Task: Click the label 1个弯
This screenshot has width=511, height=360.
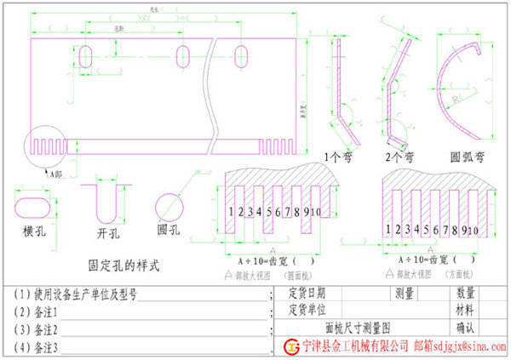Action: coord(344,157)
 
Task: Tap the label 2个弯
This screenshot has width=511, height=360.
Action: coord(399,157)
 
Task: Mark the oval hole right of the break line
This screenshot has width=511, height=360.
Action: coord(269,56)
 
